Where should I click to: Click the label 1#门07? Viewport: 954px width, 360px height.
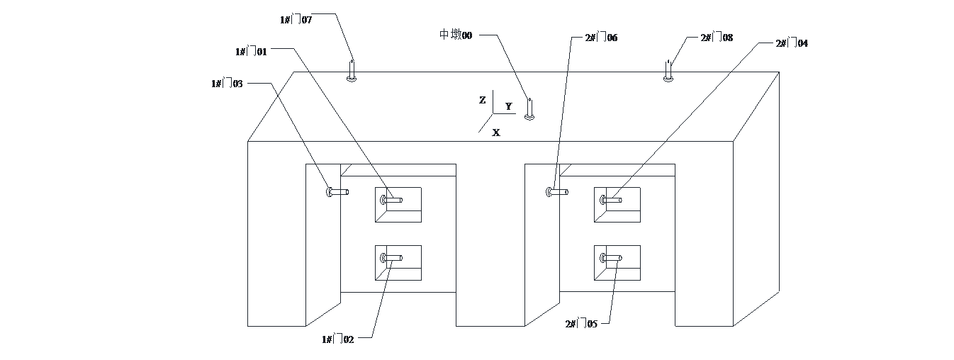pos(296,20)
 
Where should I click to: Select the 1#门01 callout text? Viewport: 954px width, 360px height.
pos(252,52)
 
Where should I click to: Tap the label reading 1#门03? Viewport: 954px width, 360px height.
pos(228,84)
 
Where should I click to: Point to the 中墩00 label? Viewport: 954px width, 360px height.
pos(456,35)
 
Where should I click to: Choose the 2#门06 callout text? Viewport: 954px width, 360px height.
pos(601,37)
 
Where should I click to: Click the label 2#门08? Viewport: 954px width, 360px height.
pos(717,37)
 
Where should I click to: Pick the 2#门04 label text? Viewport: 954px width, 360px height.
pos(792,43)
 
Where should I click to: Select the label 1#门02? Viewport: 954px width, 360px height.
pos(338,339)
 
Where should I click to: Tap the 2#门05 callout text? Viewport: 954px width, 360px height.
pos(581,324)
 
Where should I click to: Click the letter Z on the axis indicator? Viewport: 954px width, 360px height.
pos(483,101)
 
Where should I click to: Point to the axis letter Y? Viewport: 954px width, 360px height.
pos(508,106)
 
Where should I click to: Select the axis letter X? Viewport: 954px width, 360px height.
pos(496,133)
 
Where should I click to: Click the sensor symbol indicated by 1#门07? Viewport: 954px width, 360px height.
pos(352,71)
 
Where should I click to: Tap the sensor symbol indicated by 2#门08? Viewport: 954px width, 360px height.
pos(668,71)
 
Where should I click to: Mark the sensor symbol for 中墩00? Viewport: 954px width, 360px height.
pos(529,109)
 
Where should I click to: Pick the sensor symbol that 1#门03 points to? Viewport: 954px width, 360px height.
pos(337,191)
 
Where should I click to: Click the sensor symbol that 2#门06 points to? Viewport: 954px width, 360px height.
pos(556,191)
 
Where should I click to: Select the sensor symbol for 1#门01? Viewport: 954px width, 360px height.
pos(391,201)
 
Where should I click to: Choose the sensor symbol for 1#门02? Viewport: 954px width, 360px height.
pos(391,258)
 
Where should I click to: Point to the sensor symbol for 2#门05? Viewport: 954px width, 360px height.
pos(610,258)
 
